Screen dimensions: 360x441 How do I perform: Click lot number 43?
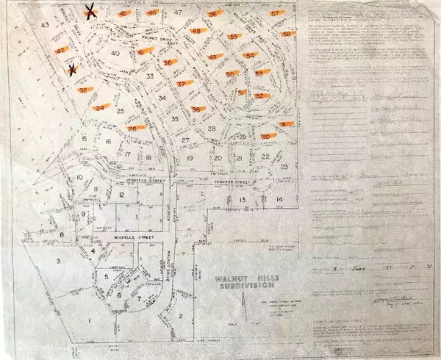click(x=46, y=26)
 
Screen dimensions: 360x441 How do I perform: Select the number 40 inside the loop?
click(x=115, y=54)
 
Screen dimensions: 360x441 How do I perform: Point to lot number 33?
click(x=150, y=76)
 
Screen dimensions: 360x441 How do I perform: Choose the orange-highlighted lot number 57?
click(x=275, y=13)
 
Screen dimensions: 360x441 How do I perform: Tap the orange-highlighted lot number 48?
click(x=196, y=31)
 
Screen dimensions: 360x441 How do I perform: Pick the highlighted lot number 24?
click(x=100, y=107)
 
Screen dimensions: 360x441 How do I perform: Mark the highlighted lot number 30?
click(x=265, y=137)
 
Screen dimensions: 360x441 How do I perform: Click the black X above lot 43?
click(x=91, y=10)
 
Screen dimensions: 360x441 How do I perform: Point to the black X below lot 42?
click(x=72, y=71)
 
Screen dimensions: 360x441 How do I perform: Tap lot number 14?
click(x=279, y=199)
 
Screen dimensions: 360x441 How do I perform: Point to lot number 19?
click(x=190, y=158)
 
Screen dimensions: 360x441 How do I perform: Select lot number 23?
click(x=284, y=168)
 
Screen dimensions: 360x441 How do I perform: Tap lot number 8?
click(x=62, y=235)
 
